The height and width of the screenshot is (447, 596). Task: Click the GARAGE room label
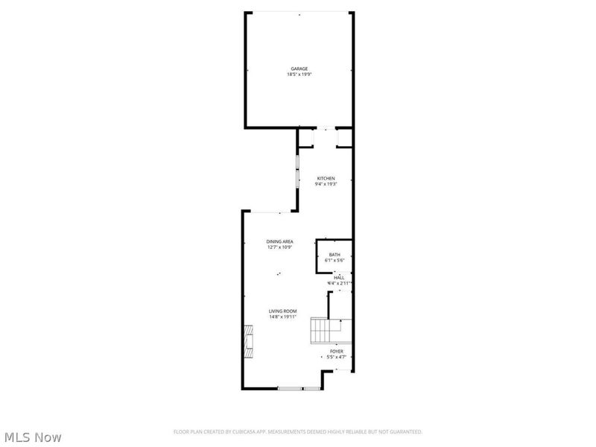coord(299,69)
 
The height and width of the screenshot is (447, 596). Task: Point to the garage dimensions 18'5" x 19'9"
coord(299,74)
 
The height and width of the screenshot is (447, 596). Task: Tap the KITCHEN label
coord(326,178)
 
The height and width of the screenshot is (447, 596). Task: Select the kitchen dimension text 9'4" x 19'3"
coord(326,184)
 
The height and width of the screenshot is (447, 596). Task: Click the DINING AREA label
coord(280,241)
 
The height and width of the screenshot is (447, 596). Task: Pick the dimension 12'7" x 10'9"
coord(280,247)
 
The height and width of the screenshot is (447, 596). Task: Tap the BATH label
coord(335,255)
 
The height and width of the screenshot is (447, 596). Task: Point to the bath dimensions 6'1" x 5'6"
coord(335,261)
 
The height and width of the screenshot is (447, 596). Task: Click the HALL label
coord(339,277)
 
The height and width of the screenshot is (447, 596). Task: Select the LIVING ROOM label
coord(283,311)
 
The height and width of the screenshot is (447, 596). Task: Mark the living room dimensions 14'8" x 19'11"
coord(283,317)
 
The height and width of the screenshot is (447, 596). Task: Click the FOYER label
coord(337,350)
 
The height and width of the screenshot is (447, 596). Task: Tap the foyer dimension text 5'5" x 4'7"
coord(337,356)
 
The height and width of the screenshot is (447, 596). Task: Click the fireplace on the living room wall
coord(246,342)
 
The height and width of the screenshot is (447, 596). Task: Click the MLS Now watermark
coord(33,437)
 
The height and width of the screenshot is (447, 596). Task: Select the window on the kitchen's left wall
coord(297,172)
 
